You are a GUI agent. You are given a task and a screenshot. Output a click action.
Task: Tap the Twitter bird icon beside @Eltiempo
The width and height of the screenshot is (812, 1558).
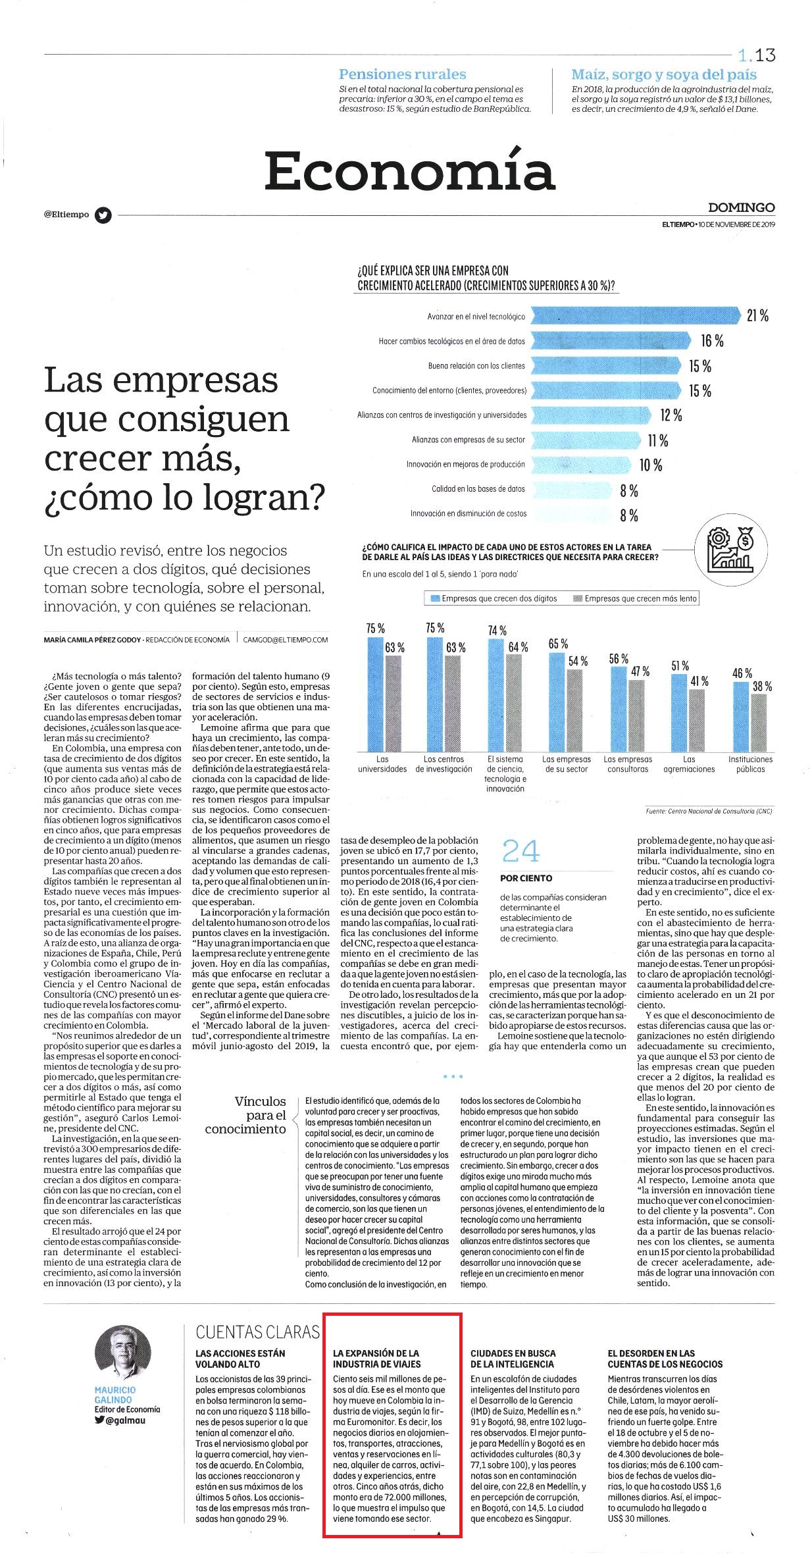point(103,215)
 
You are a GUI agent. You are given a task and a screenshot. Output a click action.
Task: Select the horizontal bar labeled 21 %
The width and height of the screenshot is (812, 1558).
point(635,316)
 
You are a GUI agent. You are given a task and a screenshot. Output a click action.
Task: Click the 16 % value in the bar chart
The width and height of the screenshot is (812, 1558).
point(712,341)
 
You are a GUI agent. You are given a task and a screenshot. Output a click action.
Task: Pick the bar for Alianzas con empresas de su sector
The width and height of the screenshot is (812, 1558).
point(586,440)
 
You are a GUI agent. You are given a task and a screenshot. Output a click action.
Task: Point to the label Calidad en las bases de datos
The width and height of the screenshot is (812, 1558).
point(478,489)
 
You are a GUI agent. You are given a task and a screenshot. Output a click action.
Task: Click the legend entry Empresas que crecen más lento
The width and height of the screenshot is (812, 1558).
point(636,598)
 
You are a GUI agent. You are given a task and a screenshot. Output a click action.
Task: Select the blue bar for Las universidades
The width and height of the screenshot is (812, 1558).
point(375,694)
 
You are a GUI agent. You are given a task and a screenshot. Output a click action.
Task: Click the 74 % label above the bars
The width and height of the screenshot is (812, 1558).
point(497,631)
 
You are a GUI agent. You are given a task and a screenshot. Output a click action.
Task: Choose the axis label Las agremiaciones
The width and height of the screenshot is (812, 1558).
point(689,764)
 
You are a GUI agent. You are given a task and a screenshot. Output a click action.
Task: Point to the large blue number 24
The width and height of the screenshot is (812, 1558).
point(520,852)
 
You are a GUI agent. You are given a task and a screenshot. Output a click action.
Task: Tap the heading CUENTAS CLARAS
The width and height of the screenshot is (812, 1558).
point(257,1332)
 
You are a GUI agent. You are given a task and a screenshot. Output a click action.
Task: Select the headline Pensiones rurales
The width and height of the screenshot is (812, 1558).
point(402,74)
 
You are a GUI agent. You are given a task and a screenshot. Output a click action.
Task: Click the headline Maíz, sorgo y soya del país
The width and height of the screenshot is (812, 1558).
point(664,74)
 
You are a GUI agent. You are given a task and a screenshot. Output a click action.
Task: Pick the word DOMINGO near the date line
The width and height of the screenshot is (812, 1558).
point(742,207)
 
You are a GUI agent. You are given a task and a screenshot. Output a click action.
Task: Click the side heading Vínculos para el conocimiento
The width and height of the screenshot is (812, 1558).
point(246,1115)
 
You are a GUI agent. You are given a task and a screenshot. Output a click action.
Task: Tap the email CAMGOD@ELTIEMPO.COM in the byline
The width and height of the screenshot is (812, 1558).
point(285,639)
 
